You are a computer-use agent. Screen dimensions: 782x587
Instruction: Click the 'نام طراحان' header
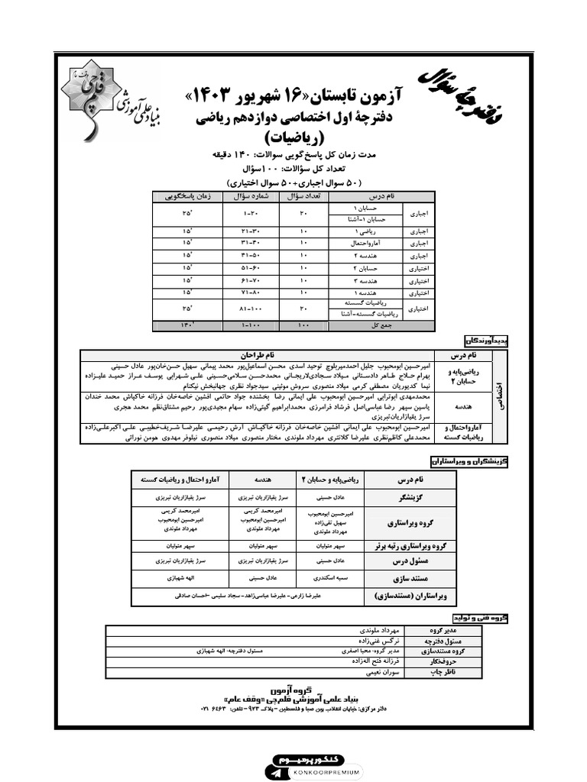pyautogui.click(x=257, y=355)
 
